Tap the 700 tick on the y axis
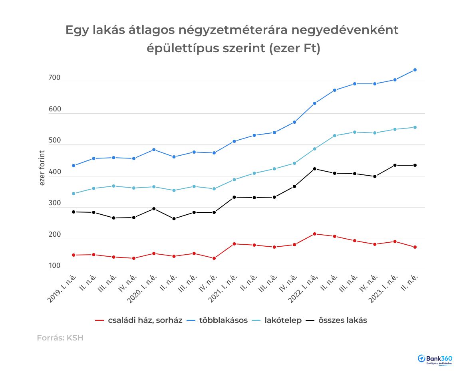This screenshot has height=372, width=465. [54, 78]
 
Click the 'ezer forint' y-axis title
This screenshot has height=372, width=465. [42, 168]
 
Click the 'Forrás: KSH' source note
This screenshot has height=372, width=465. [60, 338]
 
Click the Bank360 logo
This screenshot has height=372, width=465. [435, 359]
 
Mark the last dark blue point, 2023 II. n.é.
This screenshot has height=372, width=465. [415, 70]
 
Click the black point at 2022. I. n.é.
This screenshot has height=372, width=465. [314, 169]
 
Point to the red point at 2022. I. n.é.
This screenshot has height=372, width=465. [314, 234]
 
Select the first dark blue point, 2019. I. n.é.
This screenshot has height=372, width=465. [74, 166]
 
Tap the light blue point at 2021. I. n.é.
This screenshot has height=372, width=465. [234, 180]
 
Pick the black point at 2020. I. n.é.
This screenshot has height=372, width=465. [154, 209]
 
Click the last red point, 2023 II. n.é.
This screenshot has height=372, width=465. [415, 247]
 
